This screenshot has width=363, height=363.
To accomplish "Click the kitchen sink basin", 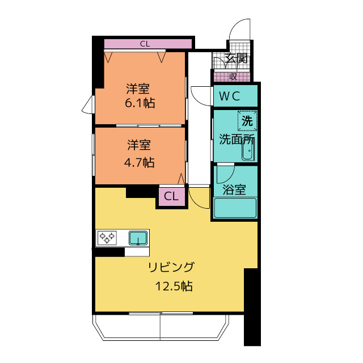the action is point(138,238).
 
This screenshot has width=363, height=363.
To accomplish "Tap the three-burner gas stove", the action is point(107,238).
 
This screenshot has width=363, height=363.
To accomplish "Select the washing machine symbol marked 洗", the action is point(247,121).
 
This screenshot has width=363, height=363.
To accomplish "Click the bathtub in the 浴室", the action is point(235,208).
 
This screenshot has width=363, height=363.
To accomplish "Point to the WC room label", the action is point(229,96).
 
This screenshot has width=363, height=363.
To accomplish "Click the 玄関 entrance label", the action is point(237,58).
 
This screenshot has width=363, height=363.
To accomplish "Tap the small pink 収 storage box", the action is point(232,77).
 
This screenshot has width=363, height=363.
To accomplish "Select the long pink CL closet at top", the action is point(148,44).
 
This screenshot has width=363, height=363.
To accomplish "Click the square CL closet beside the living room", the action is point(171,196).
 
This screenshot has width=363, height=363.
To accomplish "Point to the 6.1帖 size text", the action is point(140,103).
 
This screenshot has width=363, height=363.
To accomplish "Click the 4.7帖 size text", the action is point(140,163).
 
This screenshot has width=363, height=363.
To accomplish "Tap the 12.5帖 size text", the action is point(174,286).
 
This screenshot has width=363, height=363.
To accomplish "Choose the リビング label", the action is point(171,267).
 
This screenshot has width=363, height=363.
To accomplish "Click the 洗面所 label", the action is point(237,140).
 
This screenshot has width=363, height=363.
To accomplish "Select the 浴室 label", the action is point(234,189).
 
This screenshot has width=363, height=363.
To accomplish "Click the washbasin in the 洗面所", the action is point(248,150).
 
